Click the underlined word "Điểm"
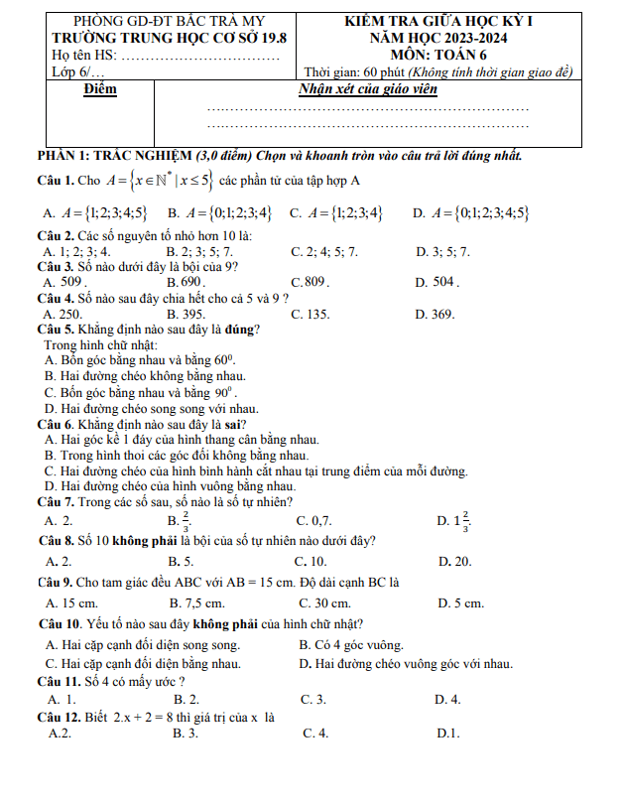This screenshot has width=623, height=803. (100, 89)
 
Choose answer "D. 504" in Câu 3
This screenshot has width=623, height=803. (436, 282)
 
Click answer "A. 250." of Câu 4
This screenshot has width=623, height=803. (63, 314)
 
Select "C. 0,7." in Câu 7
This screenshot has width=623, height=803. (314, 520)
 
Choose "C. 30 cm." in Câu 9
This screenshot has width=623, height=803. (324, 602)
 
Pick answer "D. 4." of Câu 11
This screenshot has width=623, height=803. (447, 699)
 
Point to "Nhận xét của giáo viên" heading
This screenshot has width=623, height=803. (368, 90)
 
